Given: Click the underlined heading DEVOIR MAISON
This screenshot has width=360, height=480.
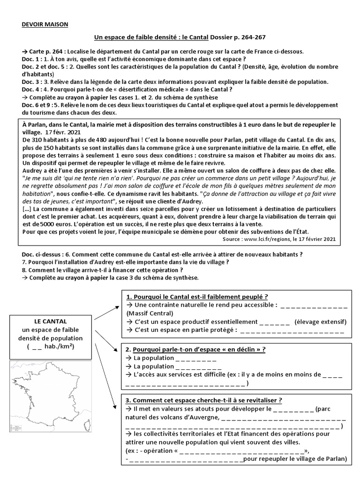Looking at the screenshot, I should tap(45, 24).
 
